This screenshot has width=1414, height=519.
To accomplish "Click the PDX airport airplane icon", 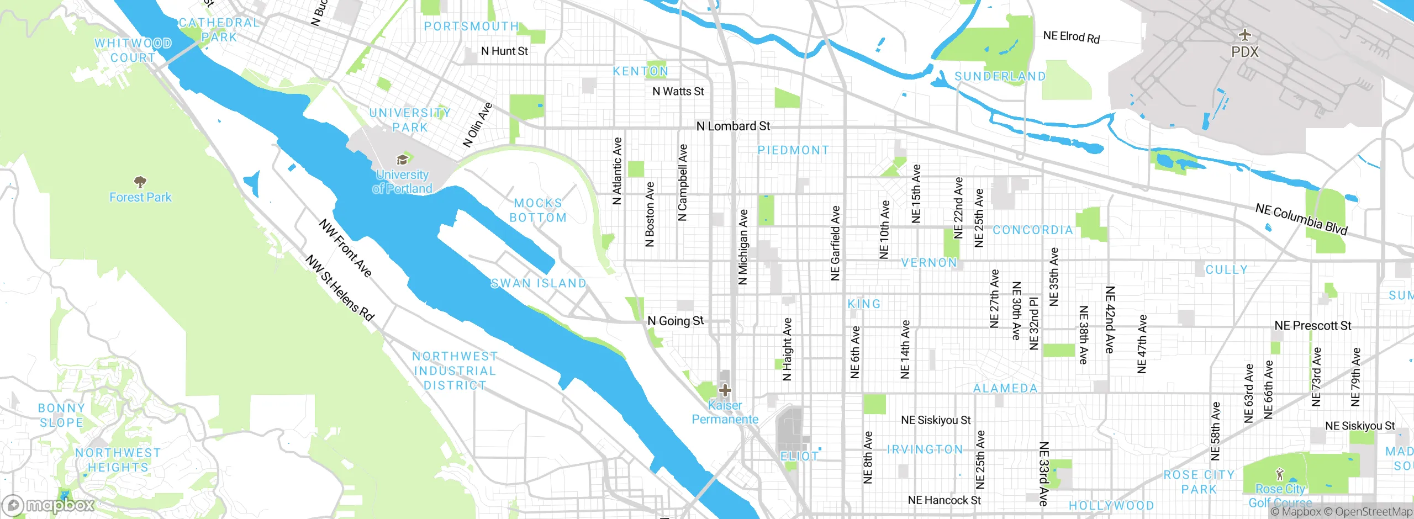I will (x=1244, y=35).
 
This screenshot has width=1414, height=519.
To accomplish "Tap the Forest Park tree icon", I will (x=140, y=182).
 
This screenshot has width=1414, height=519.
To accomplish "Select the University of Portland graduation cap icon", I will (x=402, y=160).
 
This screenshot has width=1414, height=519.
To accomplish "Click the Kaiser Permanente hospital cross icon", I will (x=725, y=391).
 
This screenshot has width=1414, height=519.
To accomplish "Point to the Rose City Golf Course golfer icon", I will (x=1280, y=474).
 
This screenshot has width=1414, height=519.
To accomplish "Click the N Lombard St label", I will (x=733, y=126).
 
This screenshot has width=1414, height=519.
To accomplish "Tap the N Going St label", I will (x=675, y=321).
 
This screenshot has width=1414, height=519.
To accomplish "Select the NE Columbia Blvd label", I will (x=1301, y=219).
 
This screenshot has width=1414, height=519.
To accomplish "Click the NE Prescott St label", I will (x=1312, y=326).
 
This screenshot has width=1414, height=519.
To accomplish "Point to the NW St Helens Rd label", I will (x=340, y=288).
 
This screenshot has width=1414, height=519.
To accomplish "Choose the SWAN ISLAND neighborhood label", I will (x=539, y=283).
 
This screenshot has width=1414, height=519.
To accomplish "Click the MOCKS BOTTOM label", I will (x=538, y=210).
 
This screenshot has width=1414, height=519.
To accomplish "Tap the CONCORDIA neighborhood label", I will (x=1033, y=230).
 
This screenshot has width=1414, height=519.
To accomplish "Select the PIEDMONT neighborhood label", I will (x=793, y=150).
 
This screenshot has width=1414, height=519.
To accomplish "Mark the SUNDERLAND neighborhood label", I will (x=1000, y=76).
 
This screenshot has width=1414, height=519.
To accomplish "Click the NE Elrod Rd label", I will (x=1071, y=37).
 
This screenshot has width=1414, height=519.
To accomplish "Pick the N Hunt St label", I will (x=504, y=51).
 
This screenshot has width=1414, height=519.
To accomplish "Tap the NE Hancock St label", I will (x=944, y=500).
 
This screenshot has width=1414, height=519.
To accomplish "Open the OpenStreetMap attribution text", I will (x=1373, y=512).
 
